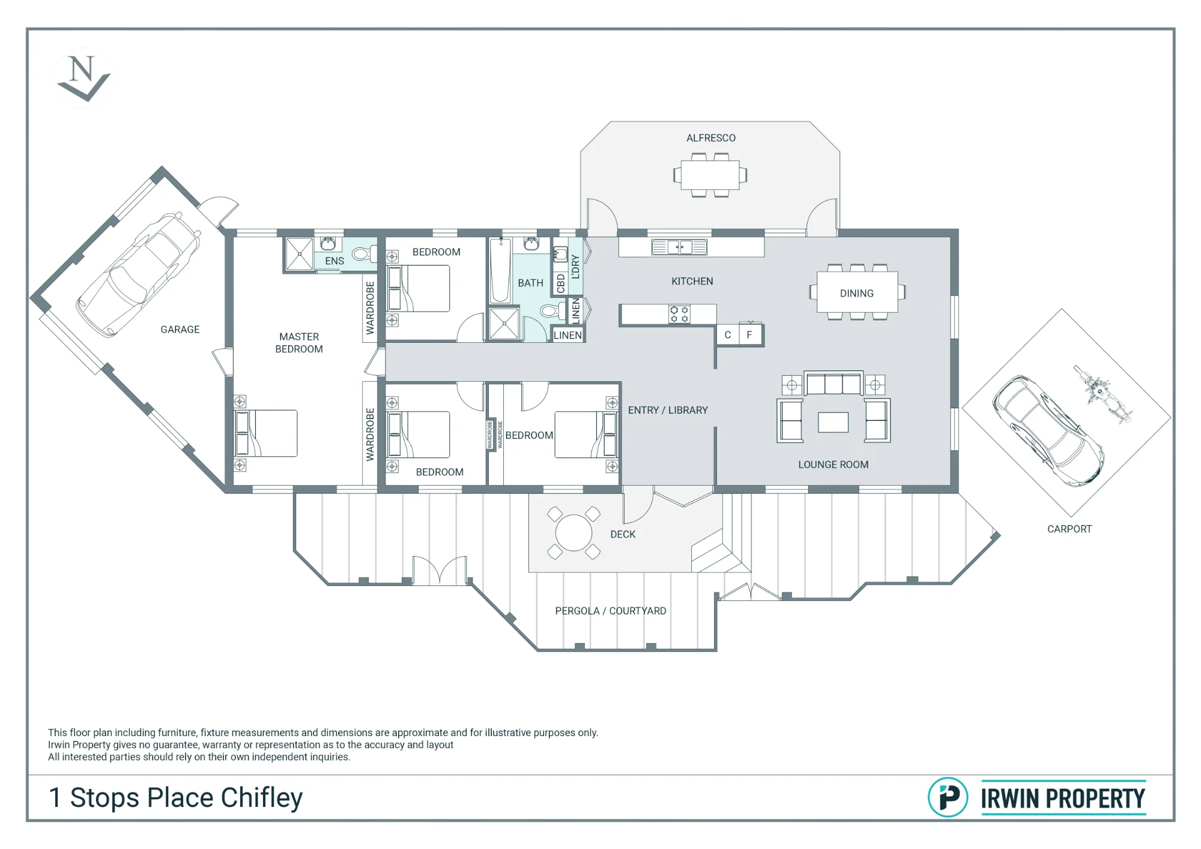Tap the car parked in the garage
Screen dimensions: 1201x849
(x=138, y=274)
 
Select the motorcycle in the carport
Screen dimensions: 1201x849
(x=1103, y=394)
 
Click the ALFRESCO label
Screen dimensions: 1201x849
(x=711, y=138)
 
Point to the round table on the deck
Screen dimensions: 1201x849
(x=573, y=533)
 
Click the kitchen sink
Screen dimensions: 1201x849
(x=679, y=247)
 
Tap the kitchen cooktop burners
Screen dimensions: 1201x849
(x=679, y=314)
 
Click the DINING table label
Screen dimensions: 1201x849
(x=857, y=294)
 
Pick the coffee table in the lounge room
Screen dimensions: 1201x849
(x=833, y=422)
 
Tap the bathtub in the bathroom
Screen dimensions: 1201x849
(x=500, y=271)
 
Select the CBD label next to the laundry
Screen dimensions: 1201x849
(x=561, y=283)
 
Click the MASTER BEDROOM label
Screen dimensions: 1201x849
(x=299, y=343)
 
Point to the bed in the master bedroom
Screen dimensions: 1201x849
(x=265, y=433)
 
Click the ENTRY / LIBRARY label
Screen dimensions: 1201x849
(x=668, y=410)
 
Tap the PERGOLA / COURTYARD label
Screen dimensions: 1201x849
(x=611, y=611)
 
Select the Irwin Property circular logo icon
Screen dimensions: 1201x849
(x=948, y=797)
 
